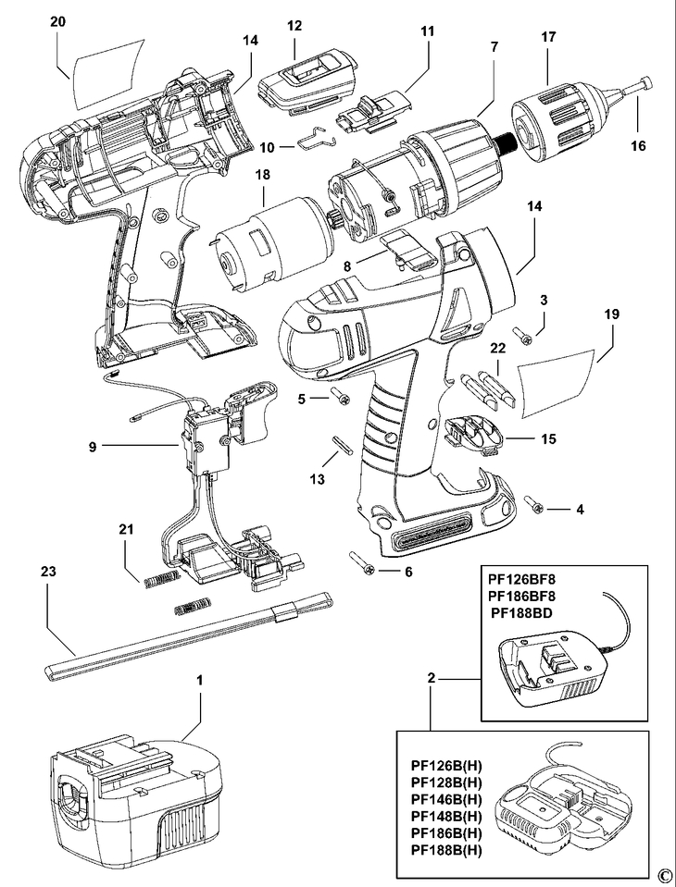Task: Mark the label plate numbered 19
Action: [x=553, y=377]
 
